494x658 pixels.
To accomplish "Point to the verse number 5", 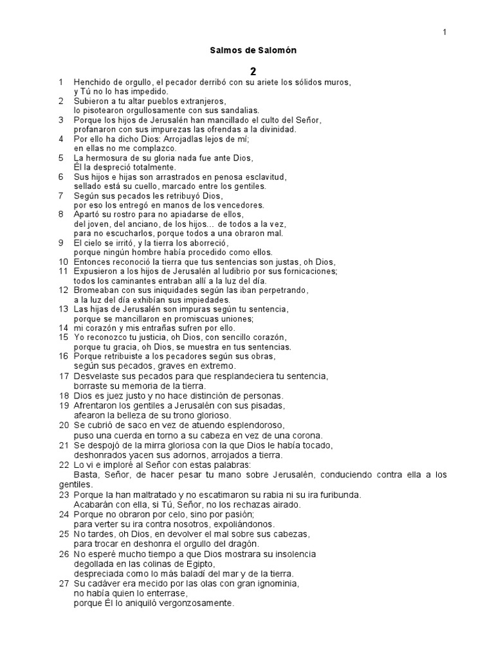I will (x=60, y=158).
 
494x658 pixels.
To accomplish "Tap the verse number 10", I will (x=63, y=262).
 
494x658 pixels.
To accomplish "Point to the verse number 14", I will (x=63, y=328).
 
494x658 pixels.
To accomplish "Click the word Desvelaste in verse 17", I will (x=96, y=375).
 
